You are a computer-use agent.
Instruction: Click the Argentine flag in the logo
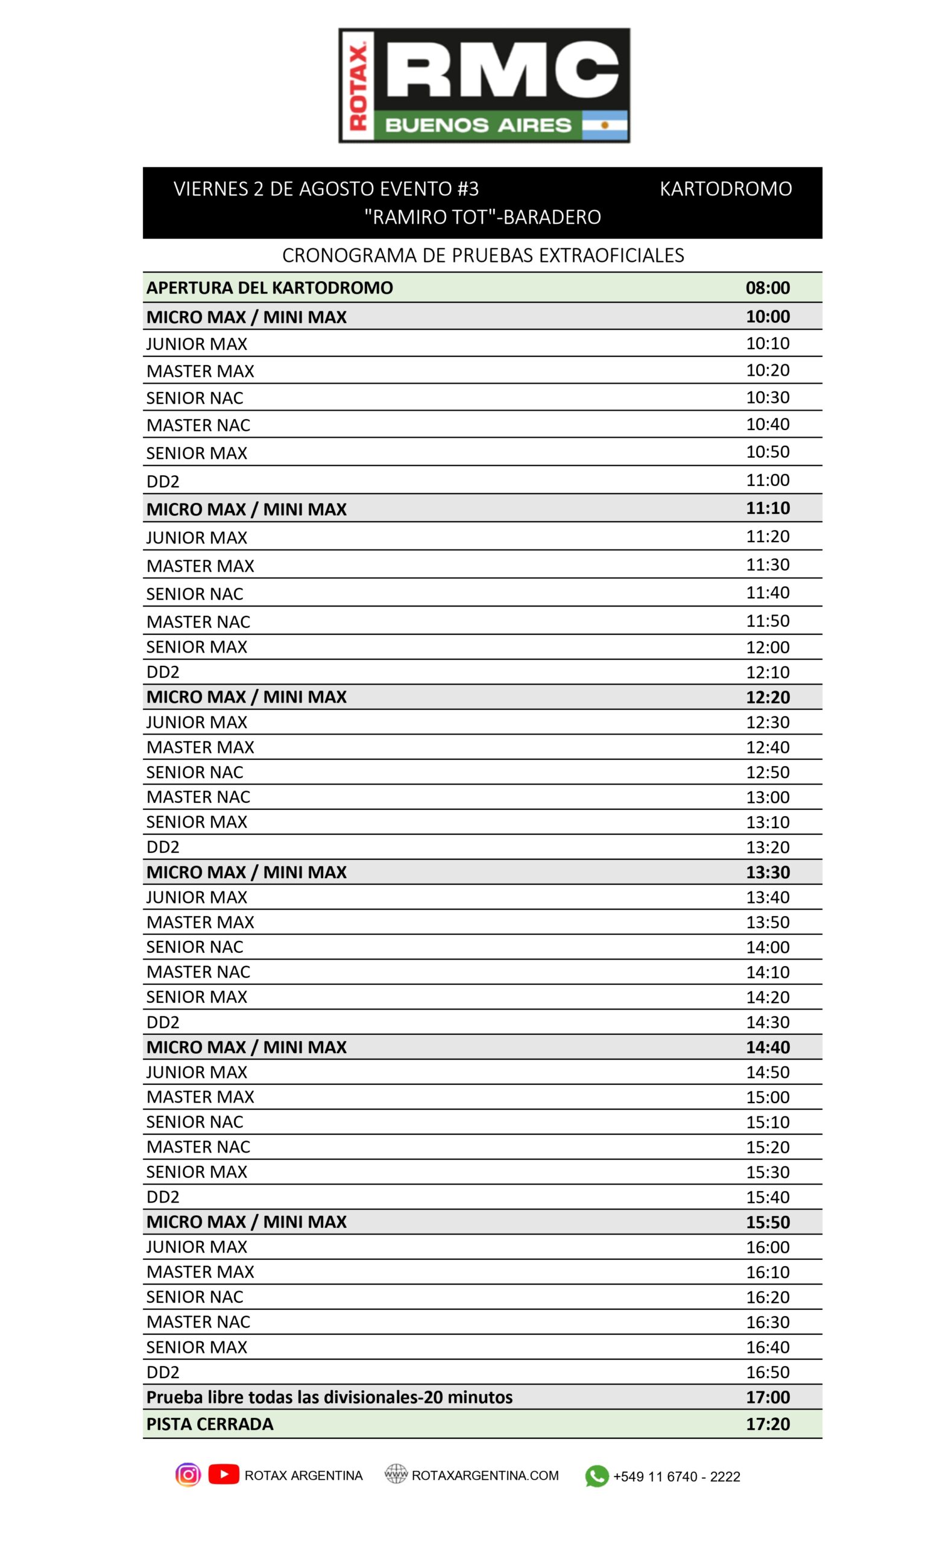tap(604, 125)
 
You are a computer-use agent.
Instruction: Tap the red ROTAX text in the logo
tap(358, 86)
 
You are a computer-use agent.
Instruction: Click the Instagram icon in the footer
tap(188, 1475)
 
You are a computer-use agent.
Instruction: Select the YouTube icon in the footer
tap(224, 1474)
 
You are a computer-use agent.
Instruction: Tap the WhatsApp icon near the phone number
tap(596, 1476)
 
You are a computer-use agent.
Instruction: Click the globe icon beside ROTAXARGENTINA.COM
tap(395, 1474)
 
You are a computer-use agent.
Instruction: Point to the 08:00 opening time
tap(767, 288)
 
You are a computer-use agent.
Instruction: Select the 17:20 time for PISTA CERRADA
tap(767, 1424)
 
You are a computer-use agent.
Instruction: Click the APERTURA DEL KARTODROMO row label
tap(270, 288)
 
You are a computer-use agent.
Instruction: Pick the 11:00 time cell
tap(767, 480)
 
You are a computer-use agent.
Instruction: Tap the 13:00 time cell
tap(767, 797)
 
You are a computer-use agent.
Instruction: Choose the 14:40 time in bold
tap(767, 1047)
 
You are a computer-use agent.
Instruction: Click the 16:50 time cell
tap(767, 1372)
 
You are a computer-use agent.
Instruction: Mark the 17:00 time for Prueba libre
tap(767, 1397)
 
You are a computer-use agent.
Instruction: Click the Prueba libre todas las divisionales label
tap(329, 1397)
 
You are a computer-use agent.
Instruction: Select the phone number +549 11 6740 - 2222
tap(677, 1476)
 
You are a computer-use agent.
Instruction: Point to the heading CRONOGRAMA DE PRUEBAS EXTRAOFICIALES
tap(483, 255)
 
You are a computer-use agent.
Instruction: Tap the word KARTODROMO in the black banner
tap(725, 189)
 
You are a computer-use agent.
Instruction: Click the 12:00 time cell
tap(767, 647)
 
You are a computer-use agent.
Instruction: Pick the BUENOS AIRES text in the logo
tap(478, 125)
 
